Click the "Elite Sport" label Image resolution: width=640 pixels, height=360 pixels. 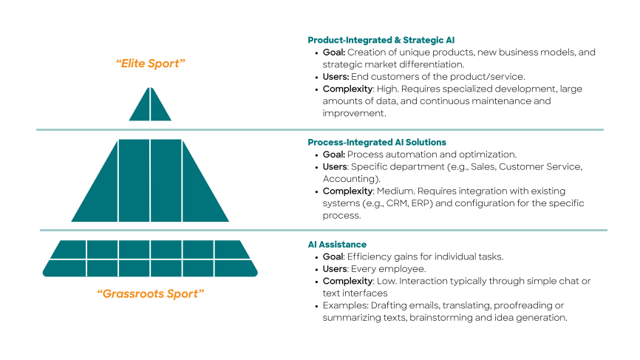point(150,64)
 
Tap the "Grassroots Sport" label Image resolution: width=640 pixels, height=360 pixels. point(150,293)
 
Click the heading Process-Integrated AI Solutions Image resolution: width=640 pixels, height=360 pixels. point(377,142)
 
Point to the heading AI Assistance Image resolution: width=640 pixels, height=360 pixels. point(337,244)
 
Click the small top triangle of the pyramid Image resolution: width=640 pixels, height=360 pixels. point(150,106)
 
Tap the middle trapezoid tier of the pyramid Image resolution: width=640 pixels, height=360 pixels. point(150,181)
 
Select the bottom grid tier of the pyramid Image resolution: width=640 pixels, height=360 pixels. point(150,258)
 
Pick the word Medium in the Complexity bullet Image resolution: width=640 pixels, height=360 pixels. point(394,191)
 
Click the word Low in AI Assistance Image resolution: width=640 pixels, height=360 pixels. point(385,281)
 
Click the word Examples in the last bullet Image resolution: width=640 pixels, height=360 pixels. point(343,305)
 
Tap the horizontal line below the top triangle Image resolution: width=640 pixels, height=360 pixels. point(319,130)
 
